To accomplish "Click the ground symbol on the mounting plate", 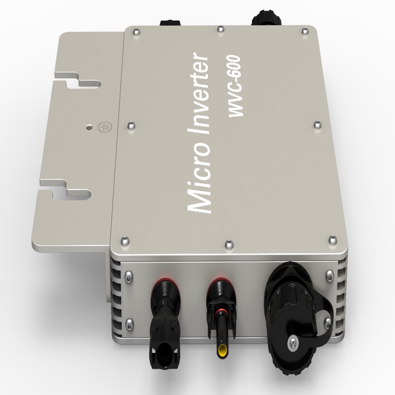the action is pyautogui.click(x=102, y=126).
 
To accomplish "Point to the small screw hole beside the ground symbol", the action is pyautogui.click(x=88, y=127).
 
